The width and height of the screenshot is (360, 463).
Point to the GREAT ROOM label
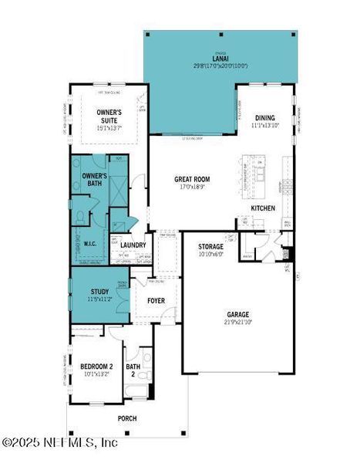[x=192, y=179]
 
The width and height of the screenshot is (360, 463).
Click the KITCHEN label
[x=264, y=208]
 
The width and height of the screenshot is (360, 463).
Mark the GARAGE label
[x=237, y=315]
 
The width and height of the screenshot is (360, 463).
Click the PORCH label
[x=126, y=418]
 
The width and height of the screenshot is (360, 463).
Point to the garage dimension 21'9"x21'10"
[x=237, y=322]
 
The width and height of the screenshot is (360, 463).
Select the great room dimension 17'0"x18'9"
[x=192, y=186]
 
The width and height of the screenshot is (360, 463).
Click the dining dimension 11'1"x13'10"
[x=264, y=125]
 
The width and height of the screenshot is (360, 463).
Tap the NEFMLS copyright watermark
[x=60, y=443]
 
